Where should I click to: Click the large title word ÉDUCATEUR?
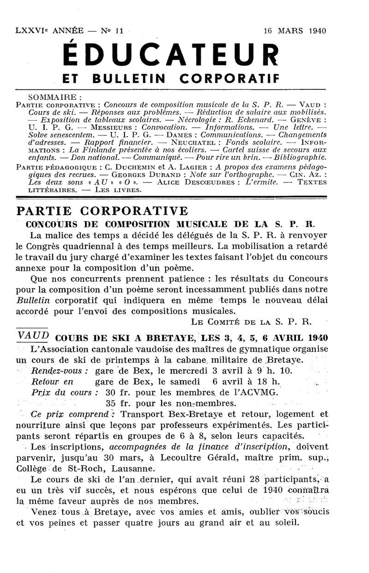170,55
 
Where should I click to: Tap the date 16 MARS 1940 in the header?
294,31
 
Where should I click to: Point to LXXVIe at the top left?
31,31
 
